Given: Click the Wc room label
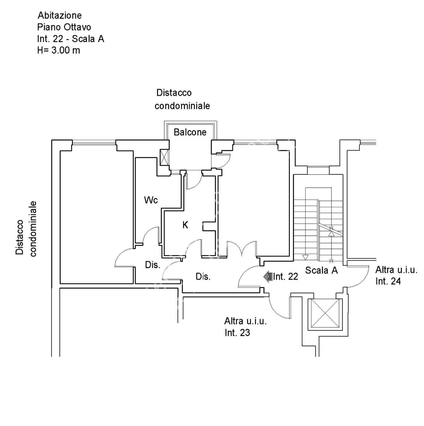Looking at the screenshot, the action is (151, 200).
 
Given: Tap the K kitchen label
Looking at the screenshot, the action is (185, 225).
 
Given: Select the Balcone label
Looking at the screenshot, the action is (190, 132).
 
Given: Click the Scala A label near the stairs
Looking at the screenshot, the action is (321, 270).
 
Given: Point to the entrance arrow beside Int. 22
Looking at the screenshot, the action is (268, 277).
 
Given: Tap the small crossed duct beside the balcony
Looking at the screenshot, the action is (165, 158).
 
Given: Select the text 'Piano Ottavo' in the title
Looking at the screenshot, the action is (64, 27).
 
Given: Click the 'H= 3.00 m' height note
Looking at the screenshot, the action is (59, 50).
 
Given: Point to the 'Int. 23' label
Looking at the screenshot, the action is (237, 333).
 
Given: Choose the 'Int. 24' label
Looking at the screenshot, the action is (388, 281).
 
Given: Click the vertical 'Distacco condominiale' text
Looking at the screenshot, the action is (26, 229).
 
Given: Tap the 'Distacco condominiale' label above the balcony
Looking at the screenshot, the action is (182, 99).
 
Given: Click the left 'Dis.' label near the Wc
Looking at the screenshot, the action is (153, 265).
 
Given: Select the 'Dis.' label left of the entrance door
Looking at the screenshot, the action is (203, 277).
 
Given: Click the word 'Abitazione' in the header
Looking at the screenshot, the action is (60, 15).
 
